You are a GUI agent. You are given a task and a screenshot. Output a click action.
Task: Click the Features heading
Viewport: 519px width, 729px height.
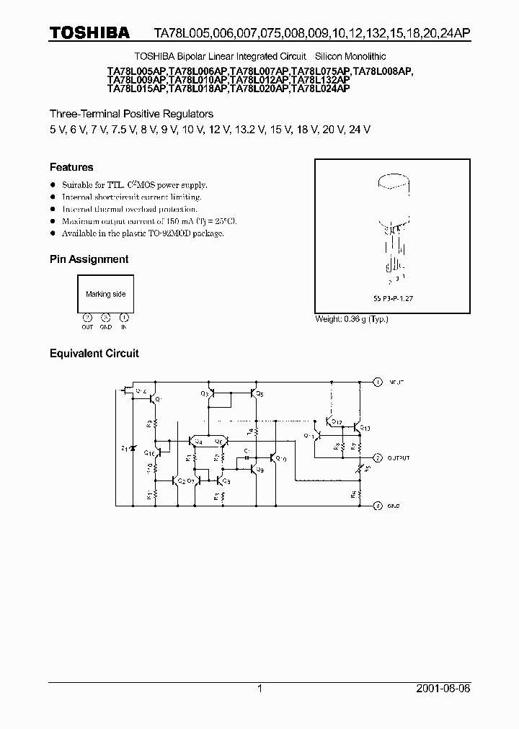point(71,167)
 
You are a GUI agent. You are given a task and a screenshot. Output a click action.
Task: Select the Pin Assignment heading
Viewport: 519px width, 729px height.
point(89,259)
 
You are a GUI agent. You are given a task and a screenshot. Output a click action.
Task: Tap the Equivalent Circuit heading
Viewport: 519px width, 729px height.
point(94,354)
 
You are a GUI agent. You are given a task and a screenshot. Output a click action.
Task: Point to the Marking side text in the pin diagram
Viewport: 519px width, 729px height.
point(105,294)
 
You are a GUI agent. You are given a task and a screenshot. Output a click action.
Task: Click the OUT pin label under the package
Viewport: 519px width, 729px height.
point(87,327)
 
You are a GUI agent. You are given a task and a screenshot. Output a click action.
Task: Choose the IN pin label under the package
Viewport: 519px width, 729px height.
point(124,327)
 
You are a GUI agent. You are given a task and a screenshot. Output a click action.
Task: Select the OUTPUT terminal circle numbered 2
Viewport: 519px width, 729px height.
point(377,457)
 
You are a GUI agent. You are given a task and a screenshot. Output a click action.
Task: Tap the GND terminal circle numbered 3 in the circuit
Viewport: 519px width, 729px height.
point(377,506)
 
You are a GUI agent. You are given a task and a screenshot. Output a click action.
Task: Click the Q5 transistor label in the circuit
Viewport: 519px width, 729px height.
point(260,393)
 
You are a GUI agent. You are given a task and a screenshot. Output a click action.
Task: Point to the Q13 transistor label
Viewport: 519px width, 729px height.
point(365,428)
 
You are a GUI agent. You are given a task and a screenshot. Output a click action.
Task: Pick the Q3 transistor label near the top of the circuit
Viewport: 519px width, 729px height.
point(205,393)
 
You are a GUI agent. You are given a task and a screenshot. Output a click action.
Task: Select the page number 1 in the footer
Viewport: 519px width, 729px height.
point(259,689)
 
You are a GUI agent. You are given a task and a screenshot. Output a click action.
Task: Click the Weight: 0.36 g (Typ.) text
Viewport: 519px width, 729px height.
point(352,319)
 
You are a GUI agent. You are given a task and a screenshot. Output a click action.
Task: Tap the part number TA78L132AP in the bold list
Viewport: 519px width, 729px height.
point(320,80)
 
